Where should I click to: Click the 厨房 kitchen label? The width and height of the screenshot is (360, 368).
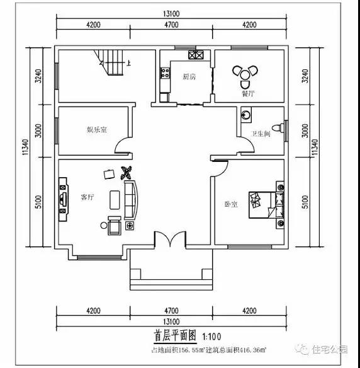(189, 77)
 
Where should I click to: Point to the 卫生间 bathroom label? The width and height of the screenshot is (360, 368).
(261, 134)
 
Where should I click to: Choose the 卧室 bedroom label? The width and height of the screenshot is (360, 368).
(230, 204)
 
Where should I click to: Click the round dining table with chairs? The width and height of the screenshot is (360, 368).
(245, 74)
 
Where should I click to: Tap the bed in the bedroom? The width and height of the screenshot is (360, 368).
(265, 204)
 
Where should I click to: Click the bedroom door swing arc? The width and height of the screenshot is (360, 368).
(218, 169)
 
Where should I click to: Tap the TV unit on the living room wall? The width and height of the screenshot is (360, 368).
(63, 199)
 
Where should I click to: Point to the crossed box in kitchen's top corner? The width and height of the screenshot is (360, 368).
(195, 54)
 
